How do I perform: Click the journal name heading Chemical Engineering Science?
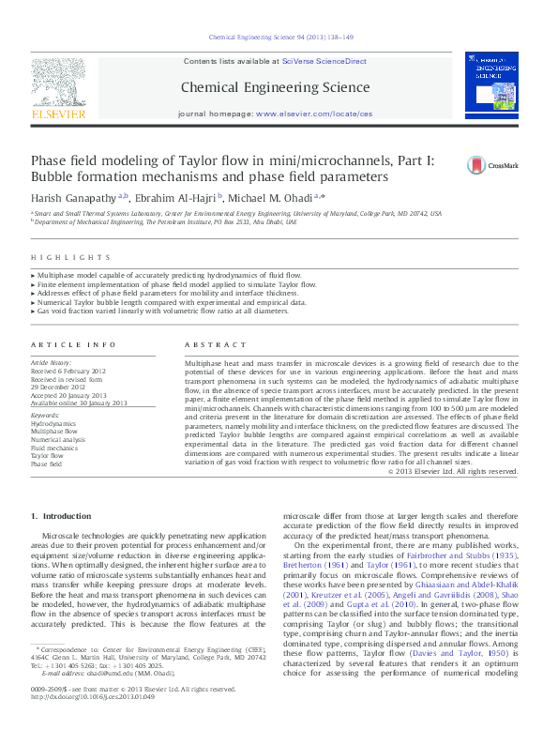[276, 87]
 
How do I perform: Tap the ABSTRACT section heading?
[209, 345]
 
